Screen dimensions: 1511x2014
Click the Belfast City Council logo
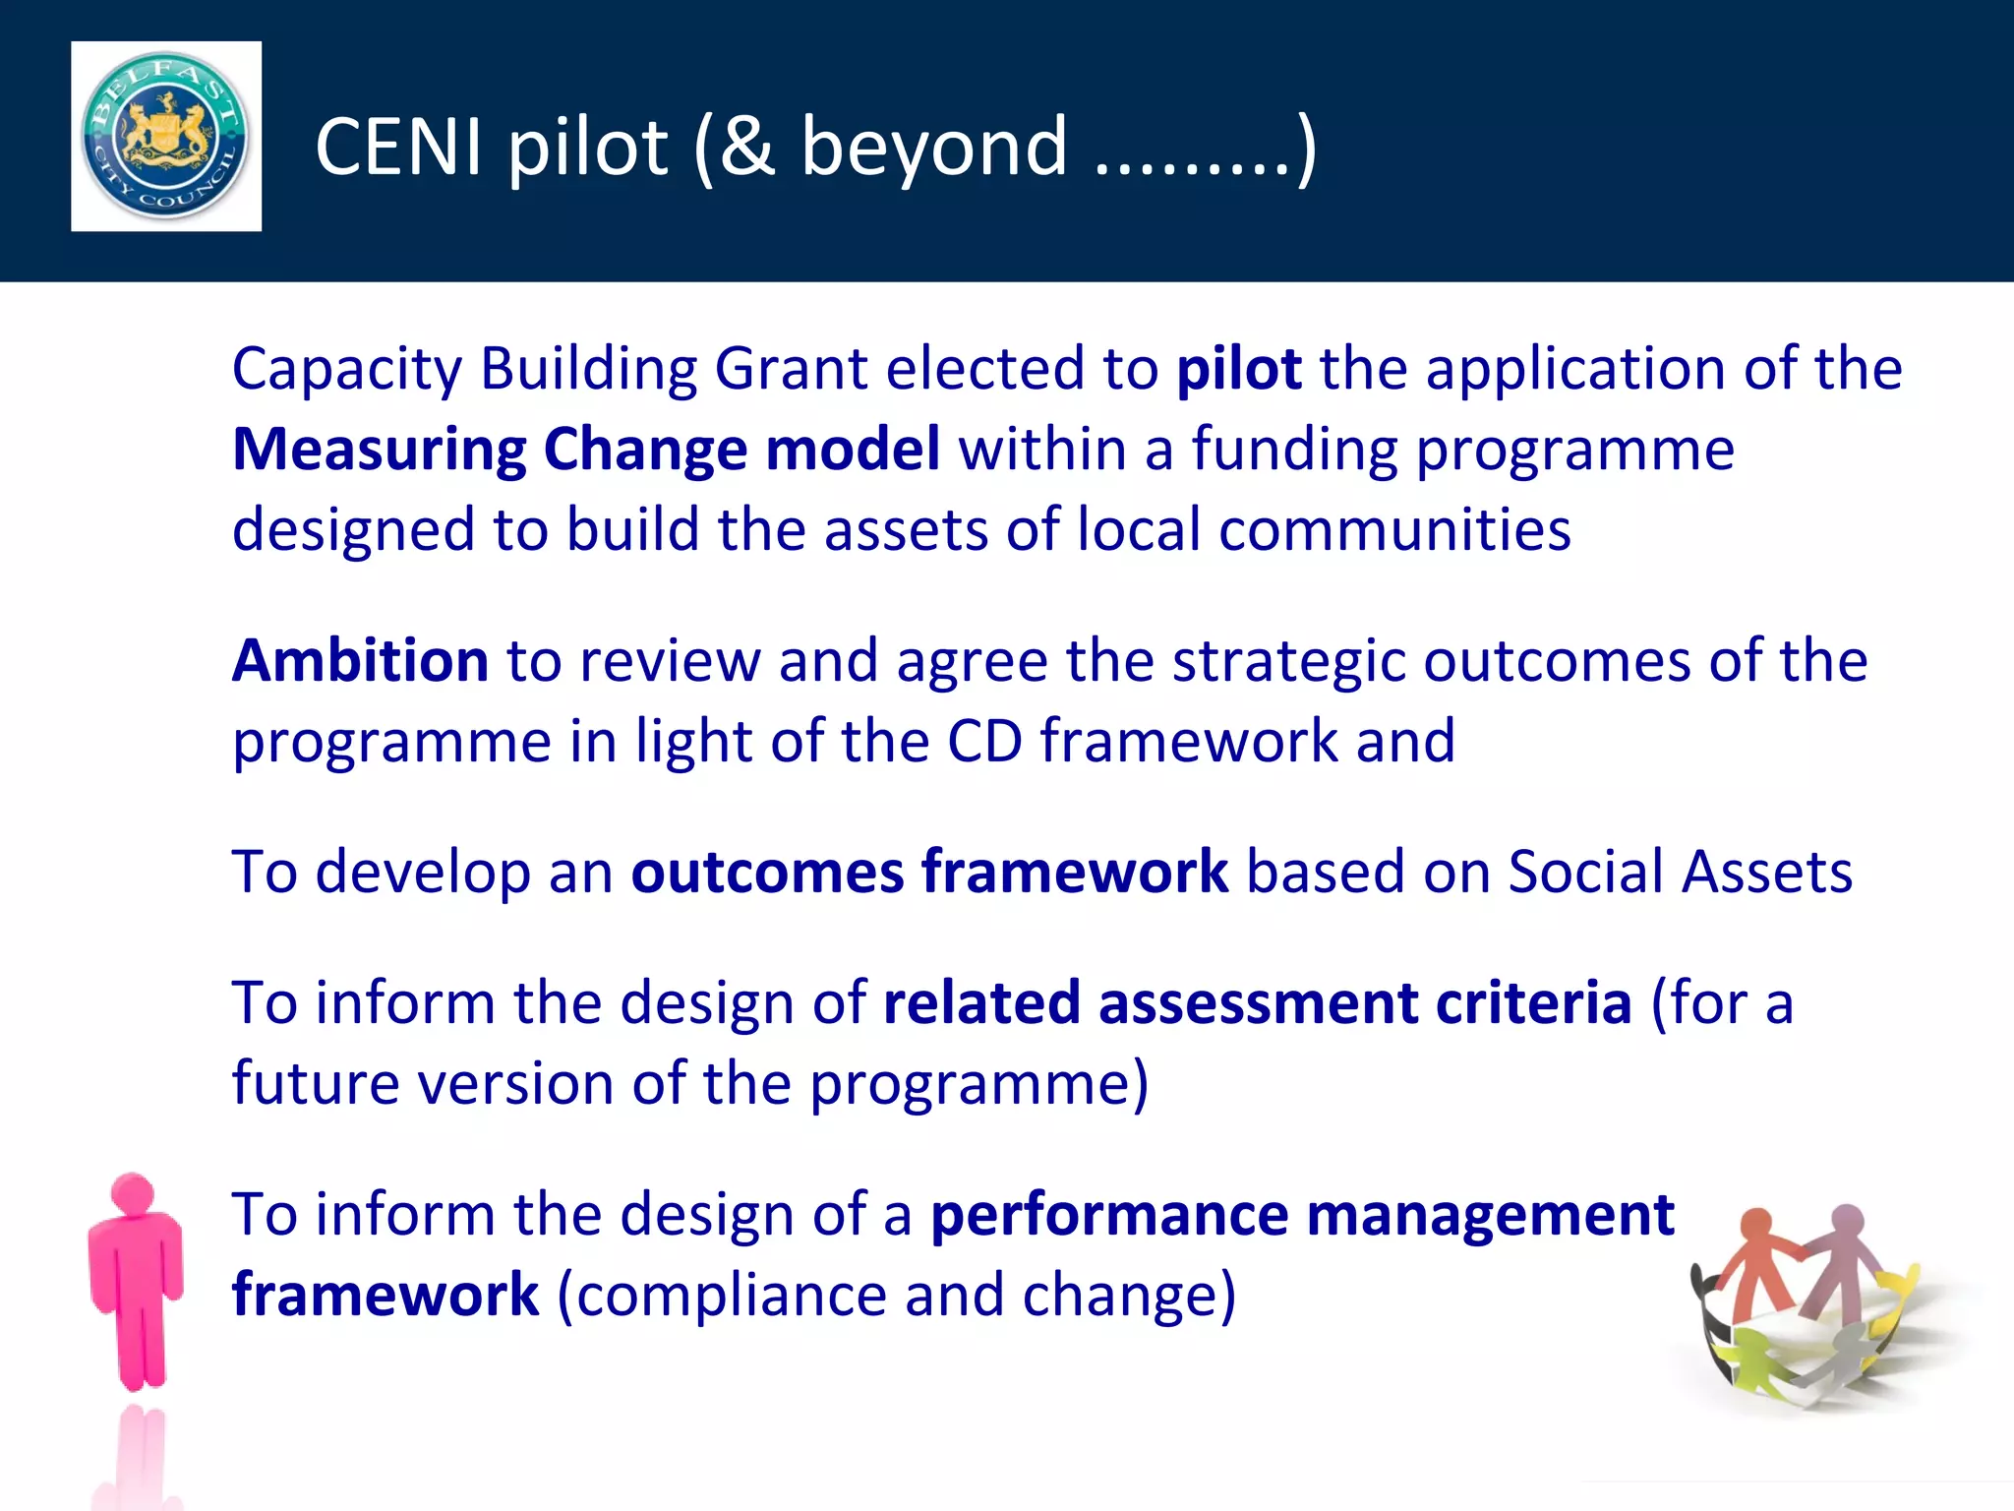tap(165, 136)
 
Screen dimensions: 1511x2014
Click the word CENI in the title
tap(399, 148)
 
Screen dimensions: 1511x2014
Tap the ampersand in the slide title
tap(746, 148)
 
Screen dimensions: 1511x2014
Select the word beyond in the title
tap(934, 148)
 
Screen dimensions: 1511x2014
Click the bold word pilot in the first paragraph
tap(1239, 370)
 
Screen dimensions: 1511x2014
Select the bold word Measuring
tap(380, 451)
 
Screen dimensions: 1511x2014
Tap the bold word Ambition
tap(360, 661)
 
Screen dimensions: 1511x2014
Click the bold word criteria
tap(1533, 1004)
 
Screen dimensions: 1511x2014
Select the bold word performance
tap(1109, 1216)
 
